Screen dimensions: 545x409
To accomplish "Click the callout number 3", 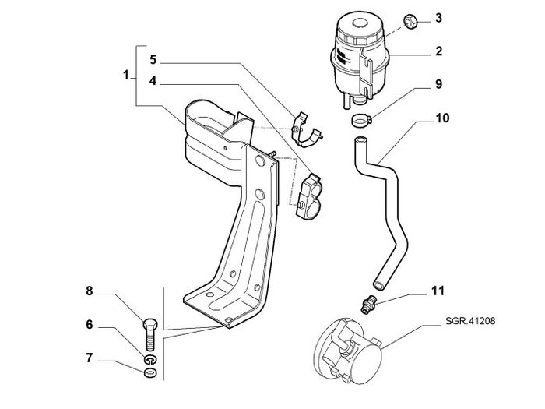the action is (438, 18).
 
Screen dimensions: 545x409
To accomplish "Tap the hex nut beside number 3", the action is (411, 21).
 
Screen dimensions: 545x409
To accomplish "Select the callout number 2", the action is (439, 51).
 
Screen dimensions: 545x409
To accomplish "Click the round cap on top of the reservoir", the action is (360, 23).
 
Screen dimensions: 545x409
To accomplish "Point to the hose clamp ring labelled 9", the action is (360, 121).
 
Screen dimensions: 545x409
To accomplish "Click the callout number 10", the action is (442, 118).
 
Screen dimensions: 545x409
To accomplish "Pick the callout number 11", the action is (438, 291).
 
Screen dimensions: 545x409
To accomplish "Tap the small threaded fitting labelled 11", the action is (367, 305).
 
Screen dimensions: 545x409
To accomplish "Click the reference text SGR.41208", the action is (470, 321).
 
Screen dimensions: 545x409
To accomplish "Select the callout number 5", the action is (153, 60).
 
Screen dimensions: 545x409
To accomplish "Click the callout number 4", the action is (153, 81).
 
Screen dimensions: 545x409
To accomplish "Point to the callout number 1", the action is (126, 75).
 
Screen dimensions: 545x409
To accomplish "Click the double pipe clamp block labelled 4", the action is (308, 196).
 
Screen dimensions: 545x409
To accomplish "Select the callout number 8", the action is (90, 291).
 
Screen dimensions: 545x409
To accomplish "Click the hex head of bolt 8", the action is (150, 324).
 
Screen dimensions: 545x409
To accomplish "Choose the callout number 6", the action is (90, 325).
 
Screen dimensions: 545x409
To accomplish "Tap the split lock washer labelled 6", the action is (150, 360).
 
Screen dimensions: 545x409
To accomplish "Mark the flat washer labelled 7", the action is (150, 372).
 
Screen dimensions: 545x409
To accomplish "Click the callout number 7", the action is (90, 358).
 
